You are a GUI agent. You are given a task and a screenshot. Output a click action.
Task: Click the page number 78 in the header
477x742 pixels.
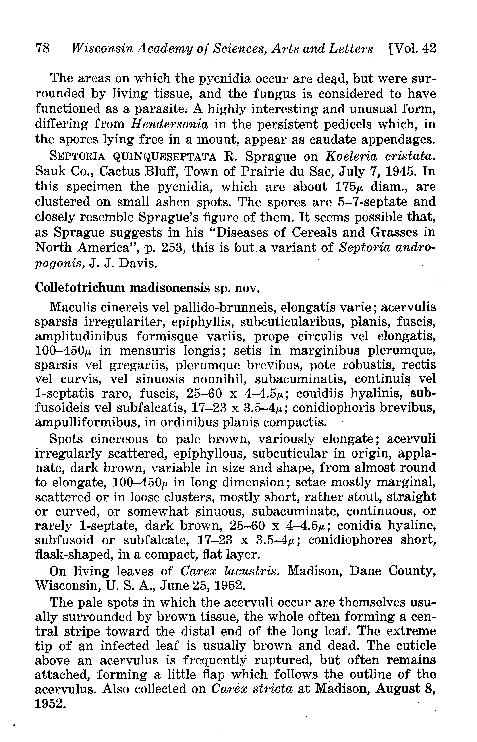[x=43, y=49]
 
